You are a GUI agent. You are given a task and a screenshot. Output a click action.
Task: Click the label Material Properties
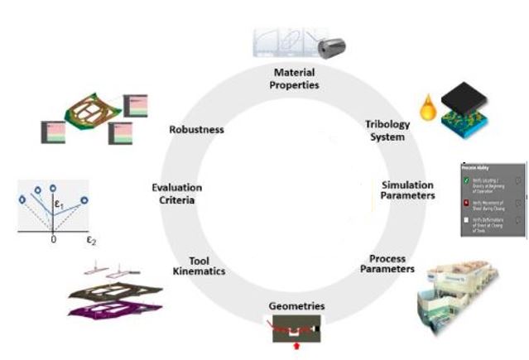coord(284,79)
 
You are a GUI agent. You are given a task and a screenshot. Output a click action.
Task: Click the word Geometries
coord(296,305)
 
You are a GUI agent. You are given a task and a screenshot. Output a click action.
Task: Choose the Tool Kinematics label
coord(199,265)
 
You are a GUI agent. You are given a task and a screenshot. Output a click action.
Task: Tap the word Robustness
coord(196,129)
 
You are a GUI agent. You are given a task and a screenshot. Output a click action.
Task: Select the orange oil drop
coord(427,110)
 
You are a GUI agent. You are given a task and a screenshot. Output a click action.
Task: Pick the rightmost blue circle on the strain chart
coord(84,199)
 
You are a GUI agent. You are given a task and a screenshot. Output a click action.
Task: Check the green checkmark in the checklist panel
coord(468,180)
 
